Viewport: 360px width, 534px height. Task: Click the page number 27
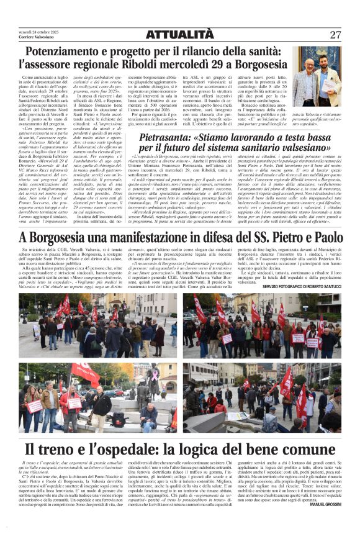tap(335, 35)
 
